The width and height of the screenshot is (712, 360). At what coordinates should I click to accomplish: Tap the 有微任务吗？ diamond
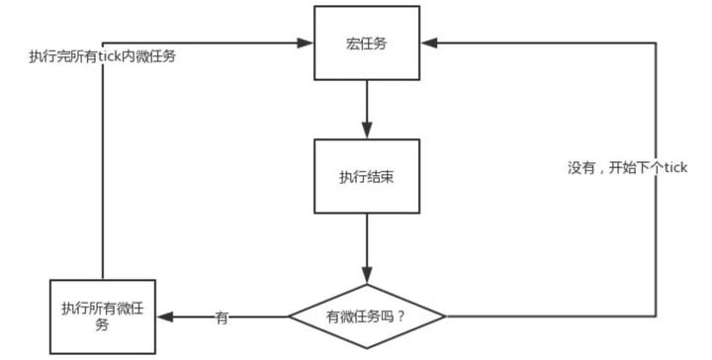click(366, 316)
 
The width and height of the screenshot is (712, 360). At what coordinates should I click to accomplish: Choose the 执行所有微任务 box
click(102, 317)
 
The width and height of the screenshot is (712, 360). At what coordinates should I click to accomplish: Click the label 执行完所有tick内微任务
click(103, 57)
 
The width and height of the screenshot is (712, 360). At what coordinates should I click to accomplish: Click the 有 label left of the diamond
click(222, 317)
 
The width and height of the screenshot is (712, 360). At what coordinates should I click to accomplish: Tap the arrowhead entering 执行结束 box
click(367, 131)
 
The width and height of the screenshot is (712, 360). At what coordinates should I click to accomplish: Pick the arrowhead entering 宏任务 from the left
click(306, 43)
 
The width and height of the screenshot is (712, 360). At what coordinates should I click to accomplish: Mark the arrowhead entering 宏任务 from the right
click(426, 43)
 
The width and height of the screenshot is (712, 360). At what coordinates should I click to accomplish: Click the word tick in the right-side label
click(674, 168)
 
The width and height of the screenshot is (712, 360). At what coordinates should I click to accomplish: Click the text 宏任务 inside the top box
click(366, 44)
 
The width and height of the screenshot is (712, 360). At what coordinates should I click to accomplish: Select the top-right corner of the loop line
click(655, 43)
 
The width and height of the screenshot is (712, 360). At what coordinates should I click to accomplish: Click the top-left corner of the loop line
click(103, 43)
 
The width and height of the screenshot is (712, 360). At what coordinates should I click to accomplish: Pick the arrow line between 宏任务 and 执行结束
click(367, 104)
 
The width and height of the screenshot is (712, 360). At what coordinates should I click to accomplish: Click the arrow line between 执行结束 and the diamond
click(367, 242)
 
